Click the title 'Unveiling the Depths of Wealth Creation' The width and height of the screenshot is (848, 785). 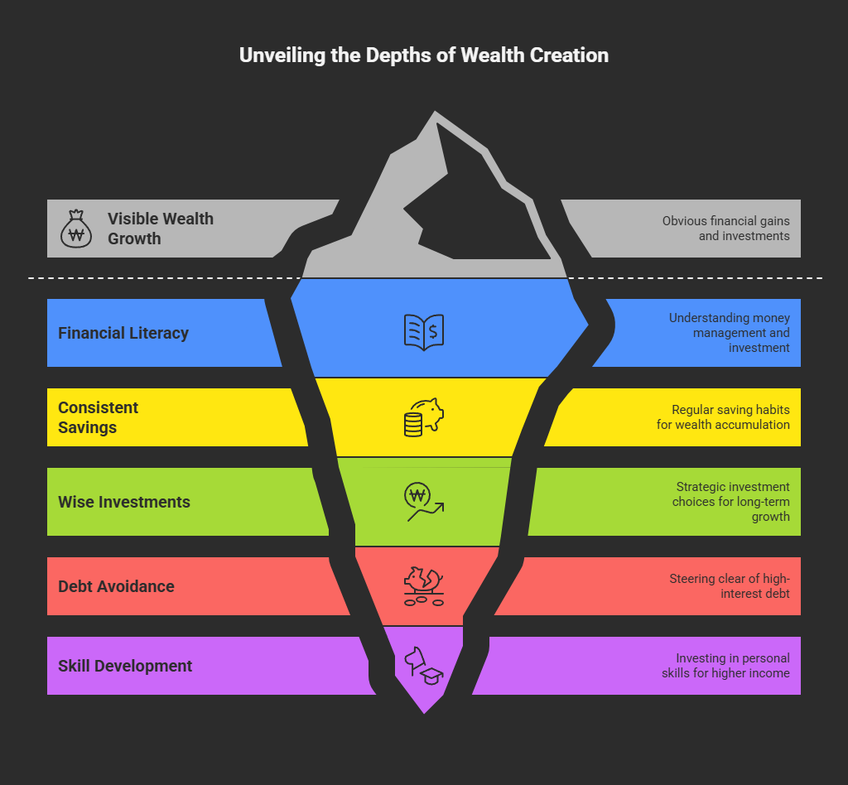pyautogui.click(x=423, y=55)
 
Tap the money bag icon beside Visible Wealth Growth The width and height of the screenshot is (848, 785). pyautogui.click(x=77, y=229)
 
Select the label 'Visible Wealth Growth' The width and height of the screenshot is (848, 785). pyautogui.click(x=160, y=229)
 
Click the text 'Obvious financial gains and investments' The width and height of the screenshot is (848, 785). pyautogui.click(x=725, y=229)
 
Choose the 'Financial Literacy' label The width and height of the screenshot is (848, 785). pyautogui.click(x=123, y=333)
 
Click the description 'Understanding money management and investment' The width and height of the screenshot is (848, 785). pyautogui.click(x=729, y=333)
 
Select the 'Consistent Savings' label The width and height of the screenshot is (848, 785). pyautogui.click(x=99, y=417)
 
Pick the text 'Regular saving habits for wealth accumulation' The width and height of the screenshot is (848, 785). pyautogui.click(x=730, y=417)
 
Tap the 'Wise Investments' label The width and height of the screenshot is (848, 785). pyautogui.click(x=124, y=502)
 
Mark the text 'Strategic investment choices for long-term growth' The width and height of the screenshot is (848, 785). pyautogui.click(x=732, y=502)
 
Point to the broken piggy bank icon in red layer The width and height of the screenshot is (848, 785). pyautogui.click(x=424, y=584)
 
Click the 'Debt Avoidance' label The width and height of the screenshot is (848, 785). pyautogui.click(x=116, y=586)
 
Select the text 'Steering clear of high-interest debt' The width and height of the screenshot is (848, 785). pyautogui.click(x=730, y=586)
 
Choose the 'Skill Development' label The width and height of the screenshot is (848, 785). pyautogui.click(x=125, y=666)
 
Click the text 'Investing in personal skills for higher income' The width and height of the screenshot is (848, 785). pyautogui.click(x=725, y=666)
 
